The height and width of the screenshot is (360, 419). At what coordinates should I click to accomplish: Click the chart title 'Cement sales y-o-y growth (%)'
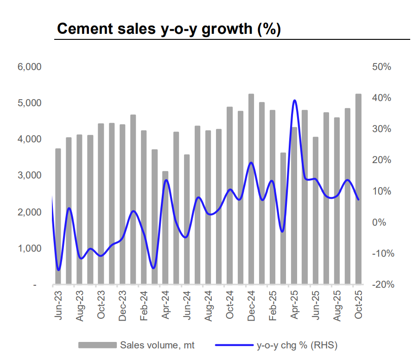point(168,29)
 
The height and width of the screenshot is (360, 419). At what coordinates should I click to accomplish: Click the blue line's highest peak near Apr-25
point(294,101)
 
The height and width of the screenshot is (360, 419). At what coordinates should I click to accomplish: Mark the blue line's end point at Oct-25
point(358,199)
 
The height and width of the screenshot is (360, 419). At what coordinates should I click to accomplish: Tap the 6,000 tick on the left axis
point(29,67)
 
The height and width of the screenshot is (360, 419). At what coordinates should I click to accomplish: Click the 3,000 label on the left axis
point(29,176)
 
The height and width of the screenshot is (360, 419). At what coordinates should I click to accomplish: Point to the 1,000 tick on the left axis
point(29,248)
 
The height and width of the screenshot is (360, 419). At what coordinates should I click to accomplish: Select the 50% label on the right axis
point(381,67)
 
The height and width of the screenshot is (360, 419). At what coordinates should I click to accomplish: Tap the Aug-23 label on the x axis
point(79,305)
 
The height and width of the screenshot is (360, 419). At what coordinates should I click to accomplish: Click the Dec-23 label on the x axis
point(122,305)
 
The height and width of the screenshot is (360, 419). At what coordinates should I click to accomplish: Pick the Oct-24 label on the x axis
point(229,305)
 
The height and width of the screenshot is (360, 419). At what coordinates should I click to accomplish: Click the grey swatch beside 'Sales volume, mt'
point(97,345)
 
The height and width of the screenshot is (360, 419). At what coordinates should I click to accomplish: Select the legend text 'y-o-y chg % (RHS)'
point(297,345)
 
